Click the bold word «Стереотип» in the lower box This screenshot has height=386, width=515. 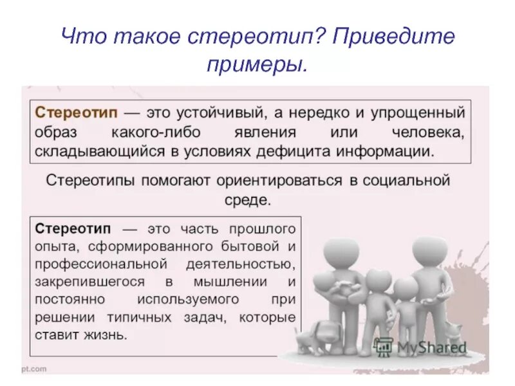click(x=73, y=229)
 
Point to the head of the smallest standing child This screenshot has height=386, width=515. click(x=406, y=289)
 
